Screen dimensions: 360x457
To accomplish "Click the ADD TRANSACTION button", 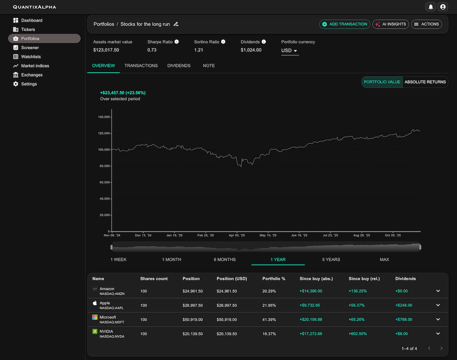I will coord(345,24).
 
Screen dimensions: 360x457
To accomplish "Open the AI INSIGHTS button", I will coord(390,24).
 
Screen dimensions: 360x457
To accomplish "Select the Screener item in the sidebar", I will coord(30,48).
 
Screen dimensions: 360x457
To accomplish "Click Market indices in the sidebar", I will coord(35,66).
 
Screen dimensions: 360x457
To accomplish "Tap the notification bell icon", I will coord(430,7).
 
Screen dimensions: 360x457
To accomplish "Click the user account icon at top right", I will coord(442,7).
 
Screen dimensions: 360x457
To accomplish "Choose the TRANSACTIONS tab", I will coord(141,66).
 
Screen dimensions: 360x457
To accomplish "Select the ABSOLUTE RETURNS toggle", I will coord(425,82).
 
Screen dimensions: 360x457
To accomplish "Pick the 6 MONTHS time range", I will coord(225,259).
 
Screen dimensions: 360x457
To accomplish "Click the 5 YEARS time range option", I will coord(331,259).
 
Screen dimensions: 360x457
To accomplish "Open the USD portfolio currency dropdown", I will coord(289,50).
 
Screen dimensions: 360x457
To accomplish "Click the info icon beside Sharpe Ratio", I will coord(177,42).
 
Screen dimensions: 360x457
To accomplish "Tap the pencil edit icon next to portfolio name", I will coord(176,24).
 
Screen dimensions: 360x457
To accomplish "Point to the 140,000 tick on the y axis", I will coord(104,117).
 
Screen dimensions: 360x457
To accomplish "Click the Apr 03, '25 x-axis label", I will coord(236,236).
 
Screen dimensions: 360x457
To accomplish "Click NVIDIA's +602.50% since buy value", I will coord(358,334).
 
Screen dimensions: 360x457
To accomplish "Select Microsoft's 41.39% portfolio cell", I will coord(269,320).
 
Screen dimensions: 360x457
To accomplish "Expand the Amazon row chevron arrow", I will coord(438,291).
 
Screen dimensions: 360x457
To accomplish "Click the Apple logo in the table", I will coord(95,303).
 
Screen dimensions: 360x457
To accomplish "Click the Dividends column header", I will coord(405,279).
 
